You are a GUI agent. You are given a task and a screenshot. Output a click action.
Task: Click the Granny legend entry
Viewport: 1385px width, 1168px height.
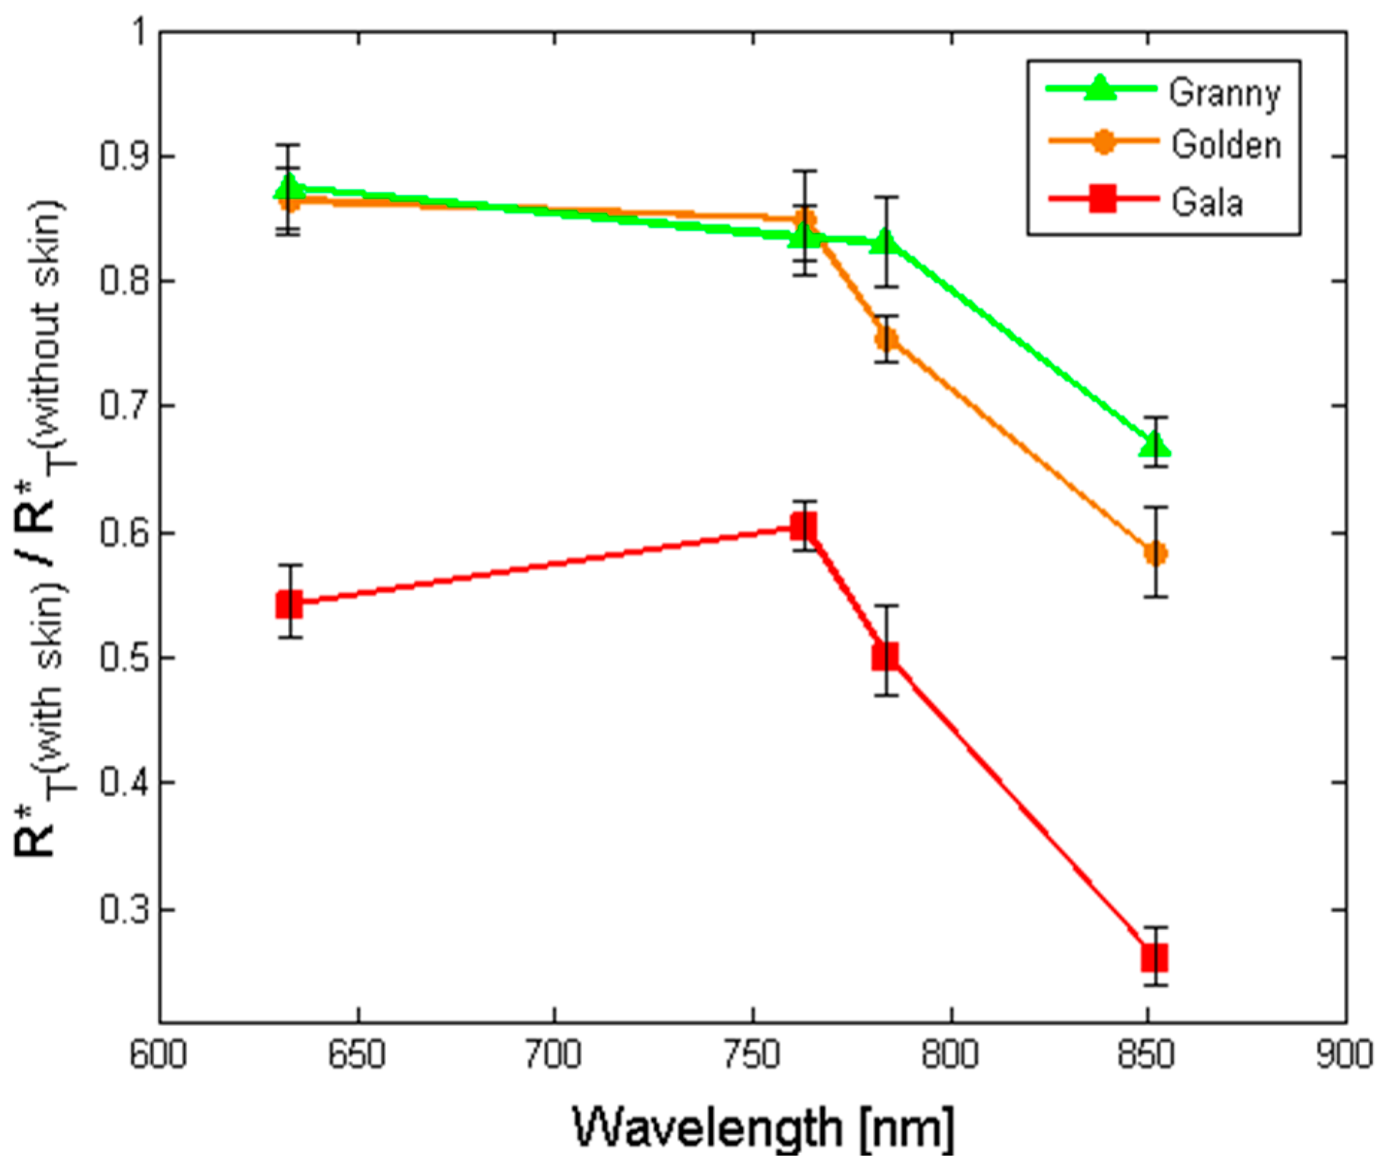click(1223, 93)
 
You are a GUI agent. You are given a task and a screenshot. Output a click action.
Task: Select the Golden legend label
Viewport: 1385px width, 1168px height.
click(1225, 145)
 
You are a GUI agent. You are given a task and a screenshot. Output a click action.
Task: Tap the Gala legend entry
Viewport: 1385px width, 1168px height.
click(1206, 202)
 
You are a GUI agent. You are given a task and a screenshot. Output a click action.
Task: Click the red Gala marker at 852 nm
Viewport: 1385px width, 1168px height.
click(1154, 958)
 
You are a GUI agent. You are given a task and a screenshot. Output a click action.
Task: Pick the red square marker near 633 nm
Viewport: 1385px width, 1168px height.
click(289, 605)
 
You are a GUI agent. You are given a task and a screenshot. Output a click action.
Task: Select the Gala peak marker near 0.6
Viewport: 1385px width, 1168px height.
click(804, 527)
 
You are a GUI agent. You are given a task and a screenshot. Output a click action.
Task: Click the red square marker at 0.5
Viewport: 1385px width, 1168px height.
click(885, 655)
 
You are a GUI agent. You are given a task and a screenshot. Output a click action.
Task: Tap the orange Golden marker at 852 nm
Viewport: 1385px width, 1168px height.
click(1155, 553)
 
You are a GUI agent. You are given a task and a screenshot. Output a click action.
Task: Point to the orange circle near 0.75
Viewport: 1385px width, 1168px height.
click(887, 339)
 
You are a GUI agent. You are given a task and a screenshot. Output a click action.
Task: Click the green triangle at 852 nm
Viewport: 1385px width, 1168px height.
click(1154, 445)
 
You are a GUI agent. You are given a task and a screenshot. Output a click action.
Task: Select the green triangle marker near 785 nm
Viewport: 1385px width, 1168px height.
click(886, 242)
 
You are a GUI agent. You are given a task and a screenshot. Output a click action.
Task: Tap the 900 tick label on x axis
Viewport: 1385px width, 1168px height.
click(1344, 1055)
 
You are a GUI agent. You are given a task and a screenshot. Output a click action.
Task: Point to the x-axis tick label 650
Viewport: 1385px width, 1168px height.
click(356, 1055)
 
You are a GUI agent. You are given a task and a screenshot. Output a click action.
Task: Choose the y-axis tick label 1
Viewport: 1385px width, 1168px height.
click(138, 32)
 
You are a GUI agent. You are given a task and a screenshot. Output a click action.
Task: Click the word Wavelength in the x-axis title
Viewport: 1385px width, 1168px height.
click(708, 1128)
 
